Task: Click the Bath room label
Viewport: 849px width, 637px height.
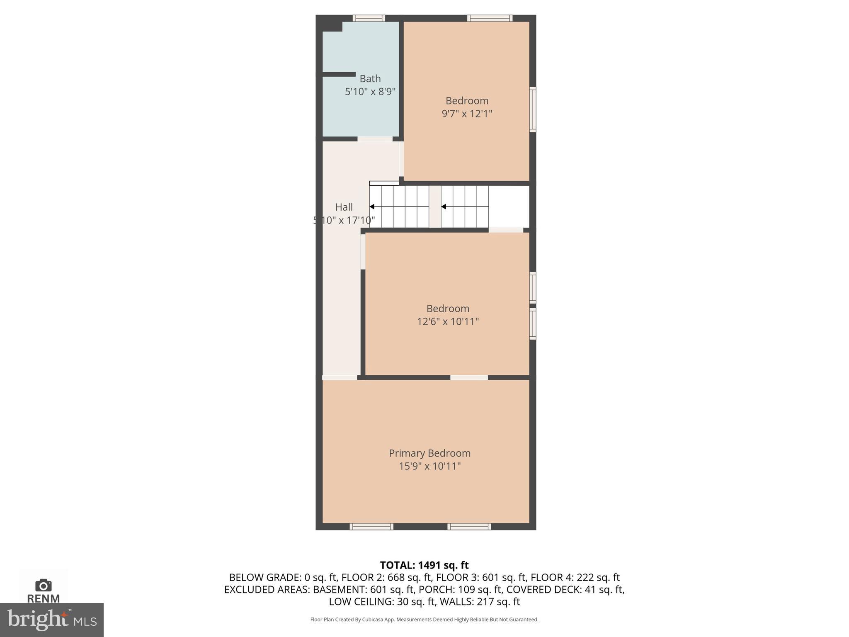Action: coord(370,78)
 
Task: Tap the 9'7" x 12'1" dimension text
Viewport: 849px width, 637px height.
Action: coord(467,114)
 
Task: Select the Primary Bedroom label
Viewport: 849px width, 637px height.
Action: coord(429,453)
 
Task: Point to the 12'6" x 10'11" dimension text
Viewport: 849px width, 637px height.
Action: coord(448,321)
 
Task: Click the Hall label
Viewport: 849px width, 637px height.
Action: coord(344,207)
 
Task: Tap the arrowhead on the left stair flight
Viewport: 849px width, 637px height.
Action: coord(372,207)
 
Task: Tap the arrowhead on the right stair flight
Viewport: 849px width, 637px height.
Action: coord(444,207)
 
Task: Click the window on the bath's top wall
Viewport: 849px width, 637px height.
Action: coord(369,18)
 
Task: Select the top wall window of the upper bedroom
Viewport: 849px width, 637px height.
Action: coord(490,18)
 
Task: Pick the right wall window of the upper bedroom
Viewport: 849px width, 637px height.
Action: coord(533,109)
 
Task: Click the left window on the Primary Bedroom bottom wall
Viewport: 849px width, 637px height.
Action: coord(371,527)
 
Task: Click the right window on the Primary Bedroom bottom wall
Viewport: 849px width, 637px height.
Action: coord(469,527)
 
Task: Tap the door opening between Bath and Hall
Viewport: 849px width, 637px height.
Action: coord(375,139)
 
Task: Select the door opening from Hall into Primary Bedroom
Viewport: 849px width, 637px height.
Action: coord(340,377)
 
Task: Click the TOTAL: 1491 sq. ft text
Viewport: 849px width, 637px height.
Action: coord(424,565)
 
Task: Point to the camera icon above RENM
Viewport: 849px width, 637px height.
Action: coord(44,585)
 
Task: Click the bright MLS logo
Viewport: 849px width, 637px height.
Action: coord(51,620)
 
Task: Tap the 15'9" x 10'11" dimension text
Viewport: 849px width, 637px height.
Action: coord(429,466)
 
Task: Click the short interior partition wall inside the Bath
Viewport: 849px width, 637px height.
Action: coord(339,74)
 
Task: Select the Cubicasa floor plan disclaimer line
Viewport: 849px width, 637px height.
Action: coord(424,620)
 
